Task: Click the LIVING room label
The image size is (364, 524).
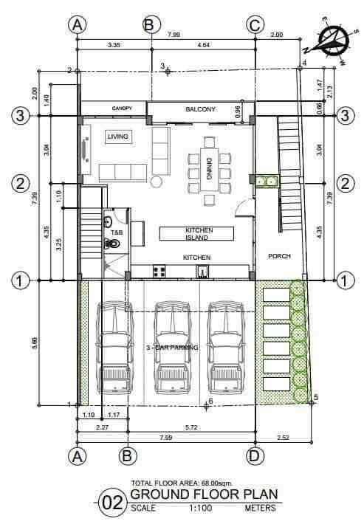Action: [117, 137]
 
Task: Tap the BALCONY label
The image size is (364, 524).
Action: [201, 109]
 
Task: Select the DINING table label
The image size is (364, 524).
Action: [210, 169]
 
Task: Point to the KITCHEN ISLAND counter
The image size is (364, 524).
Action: [196, 234]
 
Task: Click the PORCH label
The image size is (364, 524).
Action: [279, 256]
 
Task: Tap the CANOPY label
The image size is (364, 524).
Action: [122, 108]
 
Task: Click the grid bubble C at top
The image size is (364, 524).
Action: [255, 25]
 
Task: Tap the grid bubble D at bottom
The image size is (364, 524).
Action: [255, 456]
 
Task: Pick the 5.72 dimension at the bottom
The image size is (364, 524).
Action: [191, 427]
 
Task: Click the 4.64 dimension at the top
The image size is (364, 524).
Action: [204, 45]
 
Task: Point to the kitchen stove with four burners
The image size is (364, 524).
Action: [159, 272]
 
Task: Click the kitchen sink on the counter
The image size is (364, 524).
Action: [202, 272]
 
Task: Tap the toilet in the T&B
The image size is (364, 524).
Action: [112, 244]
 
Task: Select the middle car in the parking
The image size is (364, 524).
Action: [172, 348]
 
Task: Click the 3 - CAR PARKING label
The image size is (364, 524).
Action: [172, 348]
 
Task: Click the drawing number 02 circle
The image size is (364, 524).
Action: [113, 503]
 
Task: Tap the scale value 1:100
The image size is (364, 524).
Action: [201, 509]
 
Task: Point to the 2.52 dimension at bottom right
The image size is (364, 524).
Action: [283, 437]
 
